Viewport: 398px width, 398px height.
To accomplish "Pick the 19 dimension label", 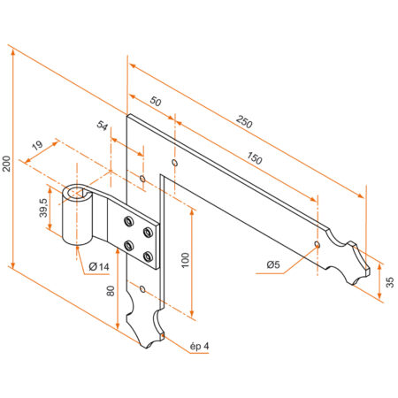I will tap(37, 147).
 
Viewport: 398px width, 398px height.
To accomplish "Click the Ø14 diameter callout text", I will tap(98, 267).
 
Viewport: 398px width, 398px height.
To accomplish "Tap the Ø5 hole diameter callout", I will tap(274, 264).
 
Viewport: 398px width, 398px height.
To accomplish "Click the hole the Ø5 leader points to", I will tap(318, 241).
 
